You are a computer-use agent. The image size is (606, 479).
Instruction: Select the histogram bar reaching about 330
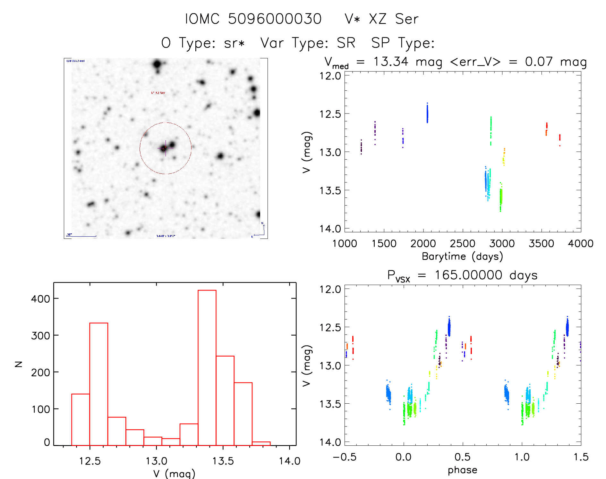coord(98,384)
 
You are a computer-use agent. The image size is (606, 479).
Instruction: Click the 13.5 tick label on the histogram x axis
coord(223,461)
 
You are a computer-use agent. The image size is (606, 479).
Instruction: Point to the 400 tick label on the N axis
coord(40,299)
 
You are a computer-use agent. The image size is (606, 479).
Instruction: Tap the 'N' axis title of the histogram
coord(19,364)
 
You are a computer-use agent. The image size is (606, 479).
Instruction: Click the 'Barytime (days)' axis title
coord(462,256)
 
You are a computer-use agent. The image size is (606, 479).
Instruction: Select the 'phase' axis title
coord(462,470)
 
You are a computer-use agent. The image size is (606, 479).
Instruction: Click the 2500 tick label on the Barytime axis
coord(462,243)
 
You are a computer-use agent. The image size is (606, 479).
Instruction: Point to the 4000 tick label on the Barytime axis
coord(580,243)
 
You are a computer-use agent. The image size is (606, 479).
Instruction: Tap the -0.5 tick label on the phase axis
coord(345,457)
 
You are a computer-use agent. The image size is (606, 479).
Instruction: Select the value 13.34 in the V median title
coord(391,62)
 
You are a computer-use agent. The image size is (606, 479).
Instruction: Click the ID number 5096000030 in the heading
coord(275,19)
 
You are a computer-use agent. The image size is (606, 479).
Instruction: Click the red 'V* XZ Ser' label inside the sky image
coord(158,93)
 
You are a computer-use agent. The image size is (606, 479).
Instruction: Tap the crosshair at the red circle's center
coord(166,148)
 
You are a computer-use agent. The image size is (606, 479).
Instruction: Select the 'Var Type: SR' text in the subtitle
coord(308,43)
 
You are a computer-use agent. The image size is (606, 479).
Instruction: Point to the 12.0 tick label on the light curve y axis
coord(330,76)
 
